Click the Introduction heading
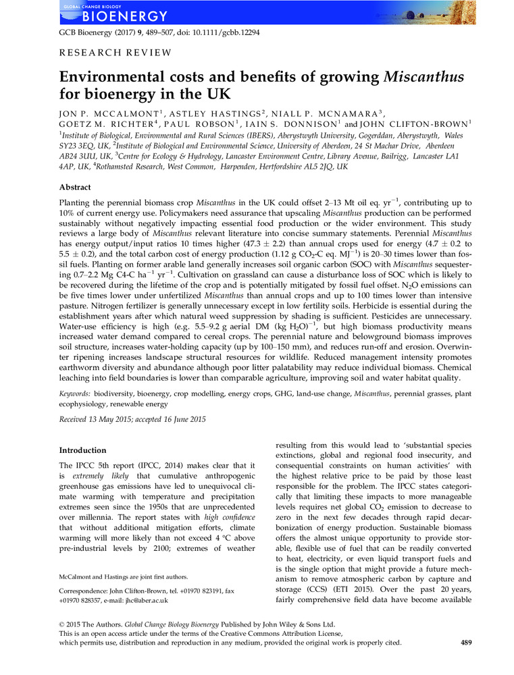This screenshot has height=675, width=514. click(82, 450)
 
